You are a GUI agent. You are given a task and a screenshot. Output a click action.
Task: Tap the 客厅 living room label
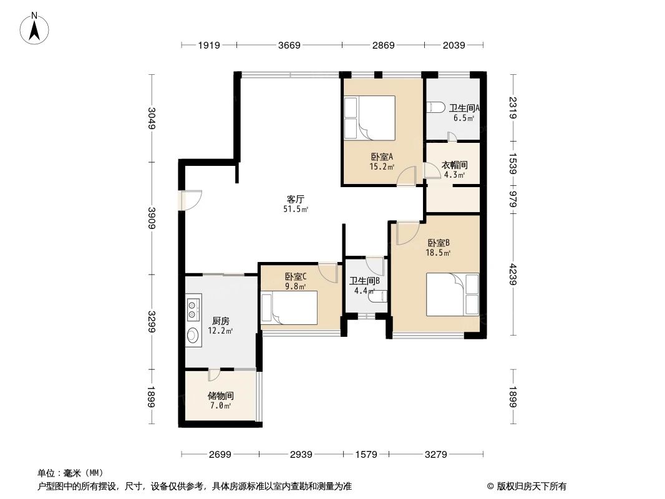(295, 199)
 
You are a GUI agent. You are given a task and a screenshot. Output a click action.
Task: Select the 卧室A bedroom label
(382, 157)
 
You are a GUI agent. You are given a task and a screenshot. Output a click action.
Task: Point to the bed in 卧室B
(452, 294)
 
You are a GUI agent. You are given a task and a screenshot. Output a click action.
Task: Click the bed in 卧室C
(289, 308)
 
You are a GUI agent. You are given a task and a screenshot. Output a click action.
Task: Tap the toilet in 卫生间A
(435, 107)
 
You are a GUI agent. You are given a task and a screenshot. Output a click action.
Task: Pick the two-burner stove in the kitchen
(193, 309)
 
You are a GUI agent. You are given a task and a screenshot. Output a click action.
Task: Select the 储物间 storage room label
(221, 395)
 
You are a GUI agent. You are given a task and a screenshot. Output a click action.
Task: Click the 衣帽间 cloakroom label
(454, 165)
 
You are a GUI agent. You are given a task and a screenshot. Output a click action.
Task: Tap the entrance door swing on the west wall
(190, 200)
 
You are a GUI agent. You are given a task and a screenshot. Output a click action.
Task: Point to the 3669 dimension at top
(289, 45)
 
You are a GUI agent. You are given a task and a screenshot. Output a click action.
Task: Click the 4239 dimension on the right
(513, 274)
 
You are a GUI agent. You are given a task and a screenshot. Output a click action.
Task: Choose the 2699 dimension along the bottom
(220, 455)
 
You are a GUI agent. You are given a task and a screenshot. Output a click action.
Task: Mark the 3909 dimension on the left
(152, 218)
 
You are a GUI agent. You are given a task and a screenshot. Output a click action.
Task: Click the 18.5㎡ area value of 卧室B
(438, 253)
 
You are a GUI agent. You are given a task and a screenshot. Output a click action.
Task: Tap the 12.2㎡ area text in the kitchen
(220, 331)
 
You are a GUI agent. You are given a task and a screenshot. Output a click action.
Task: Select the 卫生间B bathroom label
(364, 281)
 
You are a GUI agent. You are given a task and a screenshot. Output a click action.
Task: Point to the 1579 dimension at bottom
(366, 455)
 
